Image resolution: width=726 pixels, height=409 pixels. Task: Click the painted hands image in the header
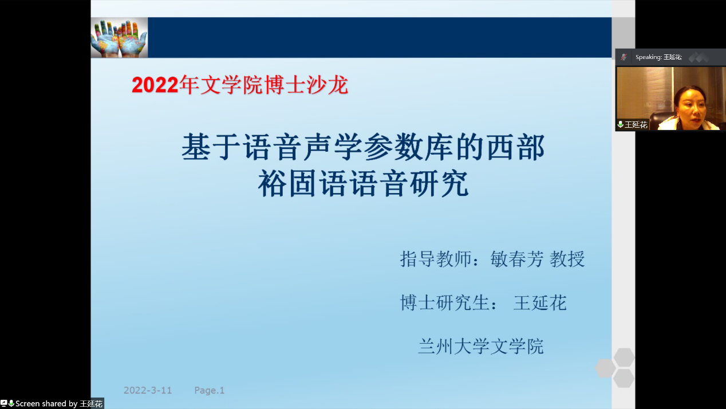pyautogui.click(x=119, y=38)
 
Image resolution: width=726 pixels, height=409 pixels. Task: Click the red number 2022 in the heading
pyautogui.click(x=155, y=85)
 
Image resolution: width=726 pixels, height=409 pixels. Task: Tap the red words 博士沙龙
pyautogui.click(x=306, y=85)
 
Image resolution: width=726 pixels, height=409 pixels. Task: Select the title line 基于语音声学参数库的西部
pyautogui.click(x=363, y=147)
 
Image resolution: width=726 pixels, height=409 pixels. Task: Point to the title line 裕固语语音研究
pyautogui.click(x=363, y=183)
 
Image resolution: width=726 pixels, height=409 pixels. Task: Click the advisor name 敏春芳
pyautogui.click(x=516, y=259)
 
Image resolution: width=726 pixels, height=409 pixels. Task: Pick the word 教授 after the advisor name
pyautogui.click(x=567, y=259)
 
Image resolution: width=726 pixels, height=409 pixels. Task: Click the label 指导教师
pyautogui.click(x=436, y=259)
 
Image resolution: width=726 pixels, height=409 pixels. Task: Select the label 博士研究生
pyautogui.click(x=445, y=302)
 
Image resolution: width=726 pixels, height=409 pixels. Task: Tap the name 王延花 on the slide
pyautogui.click(x=540, y=302)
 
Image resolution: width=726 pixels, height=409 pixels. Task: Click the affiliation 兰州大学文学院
pyautogui.click(x=480, y=346)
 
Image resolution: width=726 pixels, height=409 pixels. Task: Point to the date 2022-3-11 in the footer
pyautogui.click(x=148, y=390)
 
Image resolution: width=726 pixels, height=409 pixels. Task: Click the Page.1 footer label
pyautogui.click(x=210, y=390)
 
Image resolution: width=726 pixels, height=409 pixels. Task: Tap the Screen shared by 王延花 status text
pyautogui.click(x=59, y=403)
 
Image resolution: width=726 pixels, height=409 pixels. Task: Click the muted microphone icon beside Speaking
pyautogui.click(x=624, y=57)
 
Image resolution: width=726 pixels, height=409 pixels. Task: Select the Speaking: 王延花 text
pyautogui.click(x=658, y=57)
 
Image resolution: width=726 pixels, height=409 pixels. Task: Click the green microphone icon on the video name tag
pyautogui.click(x=620, y=124)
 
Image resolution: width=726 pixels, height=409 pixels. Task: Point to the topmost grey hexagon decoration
pyautogui.click(x=624, y=358)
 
